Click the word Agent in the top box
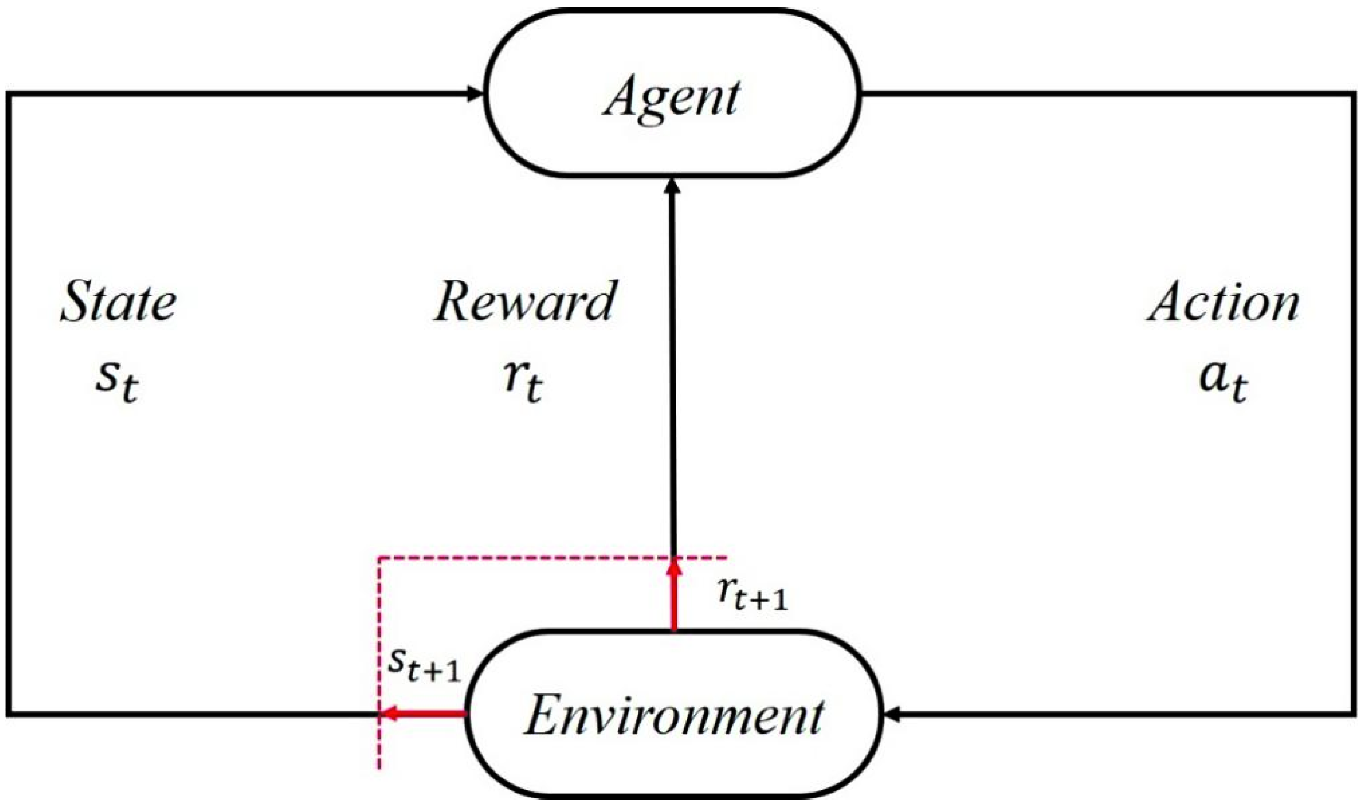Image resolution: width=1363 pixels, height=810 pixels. [672, 98]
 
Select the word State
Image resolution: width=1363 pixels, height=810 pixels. [118, 301]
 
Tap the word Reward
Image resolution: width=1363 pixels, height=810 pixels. [525, 301]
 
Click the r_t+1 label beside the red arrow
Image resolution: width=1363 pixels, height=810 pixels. [752, 595]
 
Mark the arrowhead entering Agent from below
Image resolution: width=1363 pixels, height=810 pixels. [672, 186]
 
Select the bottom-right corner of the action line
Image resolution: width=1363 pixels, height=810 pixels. [1353, 713]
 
